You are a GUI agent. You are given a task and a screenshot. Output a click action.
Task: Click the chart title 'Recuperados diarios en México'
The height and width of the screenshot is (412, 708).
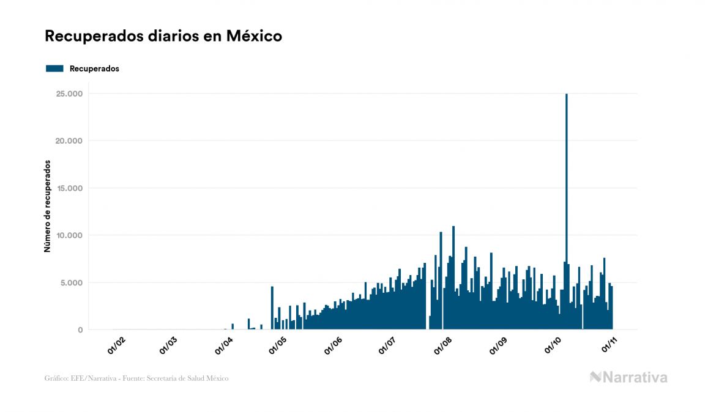pyautogui.click(x=163, y=36)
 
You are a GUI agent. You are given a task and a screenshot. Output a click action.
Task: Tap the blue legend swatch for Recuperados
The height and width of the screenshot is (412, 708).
pyautogui.click(x=55, y=68)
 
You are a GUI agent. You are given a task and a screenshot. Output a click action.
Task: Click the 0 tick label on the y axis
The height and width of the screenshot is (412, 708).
pyautogui.click(x=80, y=330)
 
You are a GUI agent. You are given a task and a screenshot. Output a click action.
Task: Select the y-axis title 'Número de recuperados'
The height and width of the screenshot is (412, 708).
pyautogui.click(x=47, y=207)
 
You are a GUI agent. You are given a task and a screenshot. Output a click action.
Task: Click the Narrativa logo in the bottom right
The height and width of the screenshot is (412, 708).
pyautogui.click(x=628, y=377)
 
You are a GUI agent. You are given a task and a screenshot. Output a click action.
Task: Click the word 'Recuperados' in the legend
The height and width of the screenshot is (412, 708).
pyautogui.click(x=94, y=68)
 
